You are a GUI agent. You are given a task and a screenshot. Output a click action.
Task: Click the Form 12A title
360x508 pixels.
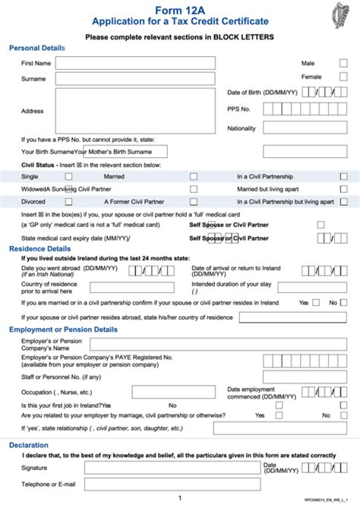179,10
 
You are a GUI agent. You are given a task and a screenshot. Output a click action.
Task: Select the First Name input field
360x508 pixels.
134,63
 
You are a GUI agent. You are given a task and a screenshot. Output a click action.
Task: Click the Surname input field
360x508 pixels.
134,77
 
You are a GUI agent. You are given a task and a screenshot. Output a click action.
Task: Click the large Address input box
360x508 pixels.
134,111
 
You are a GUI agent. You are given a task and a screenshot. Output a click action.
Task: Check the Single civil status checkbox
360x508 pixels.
69,176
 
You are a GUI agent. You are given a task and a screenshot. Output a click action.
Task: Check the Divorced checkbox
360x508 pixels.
69,203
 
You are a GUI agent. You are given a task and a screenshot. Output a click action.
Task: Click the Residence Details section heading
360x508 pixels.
39,248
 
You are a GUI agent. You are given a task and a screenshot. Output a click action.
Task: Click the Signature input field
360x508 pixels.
172,469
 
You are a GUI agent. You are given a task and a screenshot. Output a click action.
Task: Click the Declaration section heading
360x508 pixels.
29,445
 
